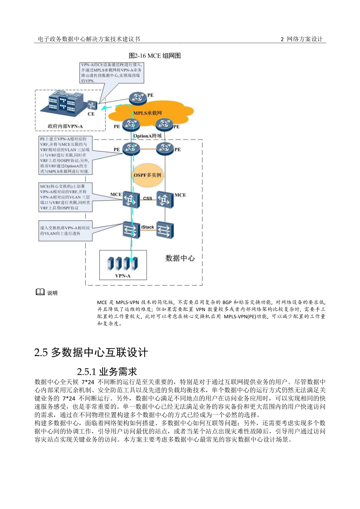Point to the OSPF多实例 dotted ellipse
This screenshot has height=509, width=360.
coord(147,175)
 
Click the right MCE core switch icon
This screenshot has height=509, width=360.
coord(165,199)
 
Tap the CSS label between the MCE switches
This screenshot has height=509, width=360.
coord(148,198)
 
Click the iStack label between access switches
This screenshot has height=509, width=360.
coord(148,226)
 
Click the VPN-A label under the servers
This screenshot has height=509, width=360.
coord(122,276)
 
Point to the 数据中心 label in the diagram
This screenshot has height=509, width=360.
coord(180,258)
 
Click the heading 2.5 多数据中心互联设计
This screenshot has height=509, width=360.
coord(91,352)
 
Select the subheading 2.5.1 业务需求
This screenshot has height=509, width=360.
coord(107,372)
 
